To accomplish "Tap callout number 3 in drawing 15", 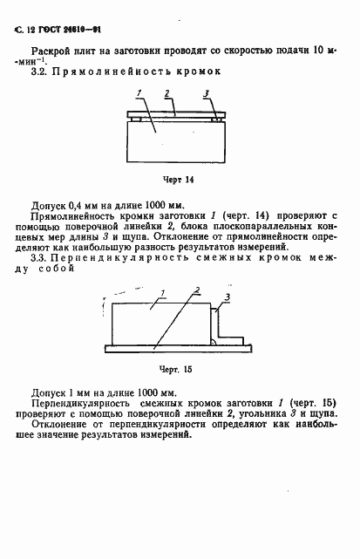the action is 227,298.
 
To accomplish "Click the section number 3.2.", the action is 38,71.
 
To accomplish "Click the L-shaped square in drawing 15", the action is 228,336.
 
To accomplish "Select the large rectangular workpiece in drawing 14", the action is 171,140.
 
